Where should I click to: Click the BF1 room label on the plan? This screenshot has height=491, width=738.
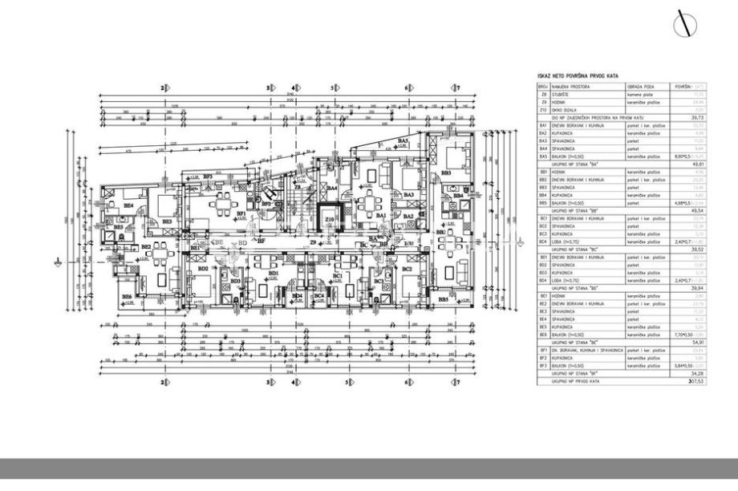(241, 213)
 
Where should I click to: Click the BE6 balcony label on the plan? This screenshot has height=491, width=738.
(127, 297)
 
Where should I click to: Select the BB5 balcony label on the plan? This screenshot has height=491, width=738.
(444, 299)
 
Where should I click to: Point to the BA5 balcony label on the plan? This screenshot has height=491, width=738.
(403, 141)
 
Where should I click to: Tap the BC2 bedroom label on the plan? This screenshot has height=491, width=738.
(407, 269)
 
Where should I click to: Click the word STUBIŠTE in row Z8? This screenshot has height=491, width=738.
(562, 94)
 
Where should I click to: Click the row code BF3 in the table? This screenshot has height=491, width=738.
(543, 365)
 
